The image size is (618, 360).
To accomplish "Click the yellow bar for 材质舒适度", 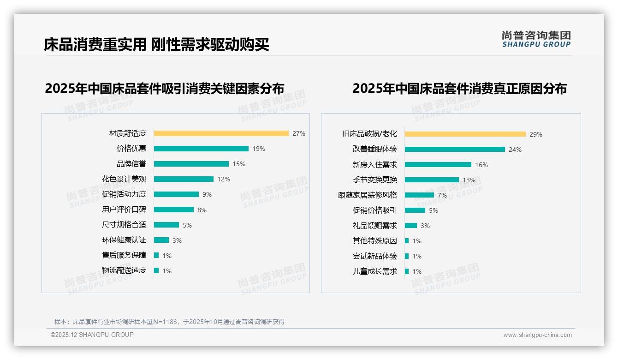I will pos(221,133).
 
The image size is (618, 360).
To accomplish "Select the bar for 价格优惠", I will pos(201,149).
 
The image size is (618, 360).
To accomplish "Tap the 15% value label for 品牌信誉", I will pos(239,164).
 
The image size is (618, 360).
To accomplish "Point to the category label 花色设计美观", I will pos(124,179).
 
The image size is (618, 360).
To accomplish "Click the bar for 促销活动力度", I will pos(176,194).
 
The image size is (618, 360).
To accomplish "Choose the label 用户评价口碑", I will pos(124,210).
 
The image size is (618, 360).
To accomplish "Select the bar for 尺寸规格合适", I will pos(166,225).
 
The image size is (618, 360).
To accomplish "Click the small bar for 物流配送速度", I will pos(156,270).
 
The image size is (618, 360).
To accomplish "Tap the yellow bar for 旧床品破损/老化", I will pos(465,134).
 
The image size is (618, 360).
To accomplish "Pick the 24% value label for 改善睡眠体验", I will pos(515,150).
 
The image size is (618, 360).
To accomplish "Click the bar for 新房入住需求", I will pos(438,165).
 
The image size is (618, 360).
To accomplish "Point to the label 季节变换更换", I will pos(374,180).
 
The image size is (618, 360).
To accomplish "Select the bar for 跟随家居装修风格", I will pos(419,195).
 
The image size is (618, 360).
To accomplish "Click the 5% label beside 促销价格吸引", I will pos(433,210).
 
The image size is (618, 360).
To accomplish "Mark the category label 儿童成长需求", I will pos(374,271).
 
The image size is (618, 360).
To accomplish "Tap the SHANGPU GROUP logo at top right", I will pos(536,39).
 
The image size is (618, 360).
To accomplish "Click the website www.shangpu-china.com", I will pos(537,335).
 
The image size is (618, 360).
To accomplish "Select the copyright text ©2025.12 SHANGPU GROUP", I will pos(92,335).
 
